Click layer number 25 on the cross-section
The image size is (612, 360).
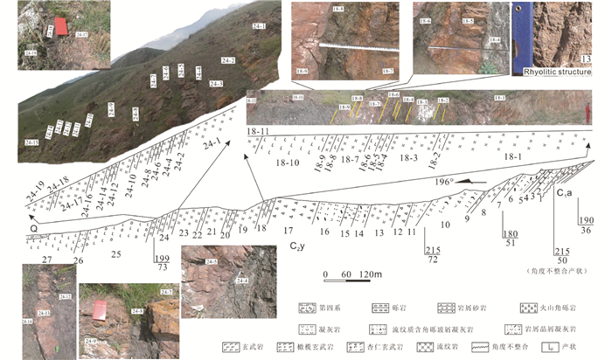pos(115,253)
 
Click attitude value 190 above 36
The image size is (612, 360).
pos(587,222)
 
